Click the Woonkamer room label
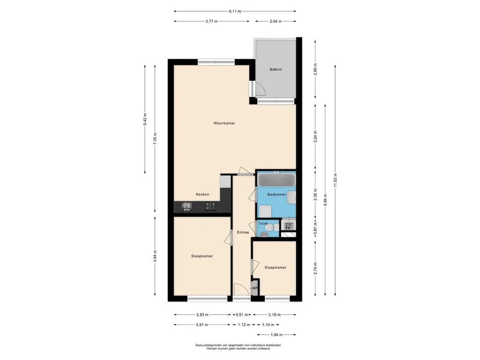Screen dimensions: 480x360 click(224, 123)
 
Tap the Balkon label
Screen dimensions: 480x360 click(276, 69)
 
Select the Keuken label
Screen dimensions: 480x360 click(202, 194)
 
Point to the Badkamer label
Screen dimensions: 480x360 click(277, 195)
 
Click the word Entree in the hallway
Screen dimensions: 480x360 click(243, 232)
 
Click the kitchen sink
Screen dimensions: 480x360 click(187, 206)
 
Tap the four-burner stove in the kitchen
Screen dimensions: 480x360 click(210, 206)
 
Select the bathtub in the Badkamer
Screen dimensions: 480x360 click(277, 180)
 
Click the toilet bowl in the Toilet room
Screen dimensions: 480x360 click(269, 228)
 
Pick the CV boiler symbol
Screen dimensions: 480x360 click(288, 226)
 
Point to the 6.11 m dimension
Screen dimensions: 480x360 click(235, 11)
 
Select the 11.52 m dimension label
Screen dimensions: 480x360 click(335, 180)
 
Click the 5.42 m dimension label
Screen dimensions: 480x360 click(145, 119)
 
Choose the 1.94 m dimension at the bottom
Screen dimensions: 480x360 click(277, 335)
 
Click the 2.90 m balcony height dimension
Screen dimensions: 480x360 click(315, 69)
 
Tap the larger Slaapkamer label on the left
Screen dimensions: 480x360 click(202, 256)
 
